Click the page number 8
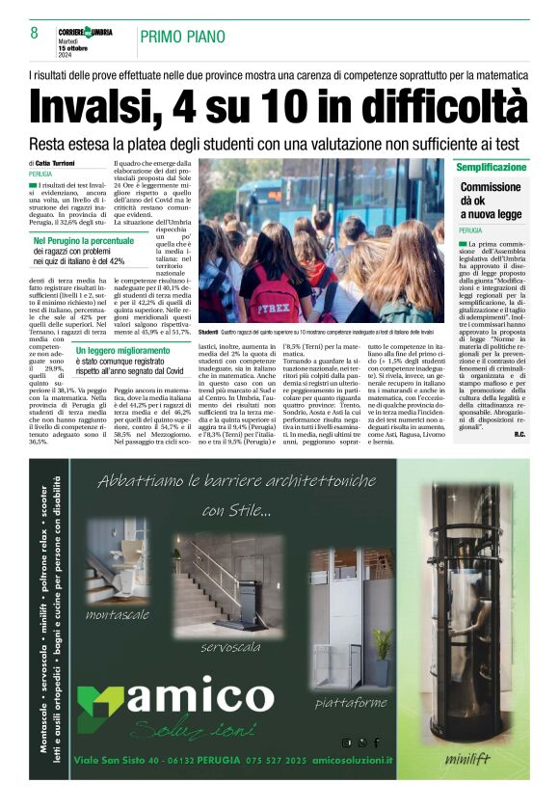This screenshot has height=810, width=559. point(34,34)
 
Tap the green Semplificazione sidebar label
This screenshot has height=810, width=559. point(492,167)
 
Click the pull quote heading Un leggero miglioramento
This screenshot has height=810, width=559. point(123,351)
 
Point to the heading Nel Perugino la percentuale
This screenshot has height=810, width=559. point(84,240)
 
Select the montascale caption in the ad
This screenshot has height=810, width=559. point(117,615)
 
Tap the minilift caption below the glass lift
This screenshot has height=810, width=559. point(467,758)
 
